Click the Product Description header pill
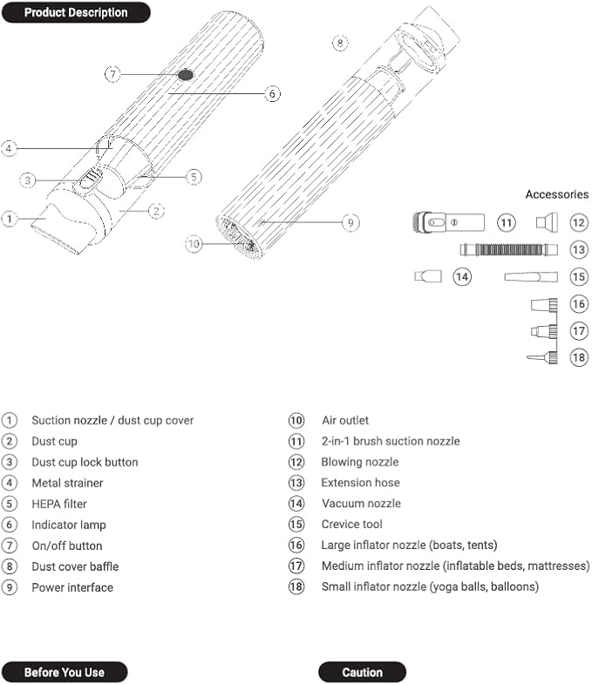[75, 12]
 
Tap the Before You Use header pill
[65, 672]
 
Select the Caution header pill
[362, 672]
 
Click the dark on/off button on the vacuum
[185, 75]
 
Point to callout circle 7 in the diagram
[112, 74]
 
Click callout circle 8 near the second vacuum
[340, 42]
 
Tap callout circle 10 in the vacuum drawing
[194, 244]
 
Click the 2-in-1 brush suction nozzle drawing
[447, 222]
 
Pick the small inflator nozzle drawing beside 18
[541, 357]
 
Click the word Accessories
[556, 194]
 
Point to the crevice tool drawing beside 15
[530, 276]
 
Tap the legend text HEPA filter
[59, 504]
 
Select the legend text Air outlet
[345, 420]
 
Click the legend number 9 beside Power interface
[10, 587]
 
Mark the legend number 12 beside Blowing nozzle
[297, 462]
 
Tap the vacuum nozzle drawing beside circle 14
[428, 276]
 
